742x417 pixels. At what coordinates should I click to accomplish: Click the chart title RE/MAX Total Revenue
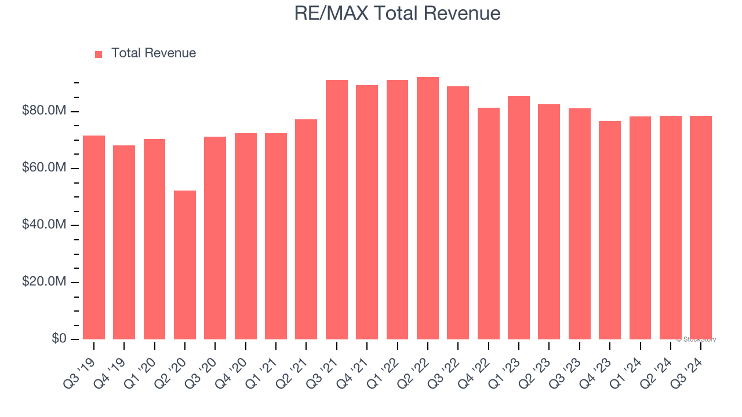click(397, 13)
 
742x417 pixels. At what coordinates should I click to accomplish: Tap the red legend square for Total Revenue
click(99, 54)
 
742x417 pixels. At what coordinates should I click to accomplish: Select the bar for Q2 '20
click(185, 265)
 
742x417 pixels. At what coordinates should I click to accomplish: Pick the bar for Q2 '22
click(428, 208)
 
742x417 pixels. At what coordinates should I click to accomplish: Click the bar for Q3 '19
click(94, 237)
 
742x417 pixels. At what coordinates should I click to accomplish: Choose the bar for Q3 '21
click(337, 209)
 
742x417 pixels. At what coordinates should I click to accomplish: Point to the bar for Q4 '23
click(610, 230)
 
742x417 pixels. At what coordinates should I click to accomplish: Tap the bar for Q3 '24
click(701, 227)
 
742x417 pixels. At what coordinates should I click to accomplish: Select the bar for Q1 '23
click(519, 217)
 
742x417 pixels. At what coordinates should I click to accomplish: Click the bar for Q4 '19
click(124, 242)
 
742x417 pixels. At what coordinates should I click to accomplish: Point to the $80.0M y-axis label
click(44, 111)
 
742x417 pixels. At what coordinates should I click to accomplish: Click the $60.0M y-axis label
click(44, 168)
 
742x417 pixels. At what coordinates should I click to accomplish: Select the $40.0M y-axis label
click(44, 225)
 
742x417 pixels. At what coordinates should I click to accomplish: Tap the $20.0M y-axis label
click(44, 281)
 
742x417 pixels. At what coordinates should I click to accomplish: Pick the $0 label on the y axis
click(59, 338)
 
